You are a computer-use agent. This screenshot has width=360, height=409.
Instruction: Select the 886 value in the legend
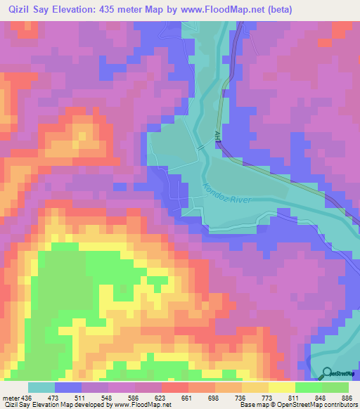(347, 397)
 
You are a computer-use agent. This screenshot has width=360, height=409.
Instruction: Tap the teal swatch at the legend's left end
(41, 387)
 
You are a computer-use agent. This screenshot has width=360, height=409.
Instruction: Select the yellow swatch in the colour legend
(282, 387)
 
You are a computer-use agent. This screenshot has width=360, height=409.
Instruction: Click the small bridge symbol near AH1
(201, 148)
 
